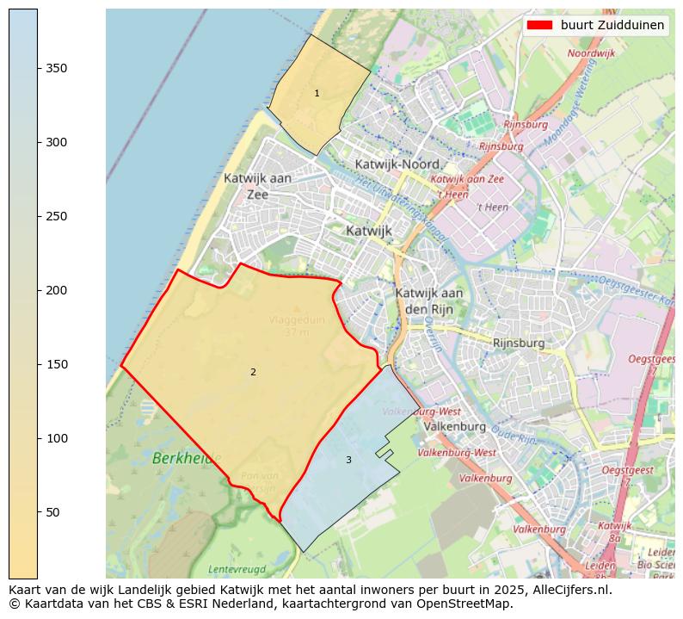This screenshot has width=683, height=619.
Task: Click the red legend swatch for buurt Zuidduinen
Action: (540, 25)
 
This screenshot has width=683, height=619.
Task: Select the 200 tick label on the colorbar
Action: (56, 290)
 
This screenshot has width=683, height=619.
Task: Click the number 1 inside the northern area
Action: (317, 93)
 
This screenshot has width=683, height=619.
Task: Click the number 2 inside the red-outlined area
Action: (253, 372)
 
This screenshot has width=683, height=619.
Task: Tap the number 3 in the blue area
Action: (348, 460)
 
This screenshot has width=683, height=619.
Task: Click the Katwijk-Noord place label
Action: (397, 164)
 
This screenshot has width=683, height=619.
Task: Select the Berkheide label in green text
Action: (186, 459)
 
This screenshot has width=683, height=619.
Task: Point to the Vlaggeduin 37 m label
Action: (297, 325)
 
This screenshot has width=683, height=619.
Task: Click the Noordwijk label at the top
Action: (592, 53)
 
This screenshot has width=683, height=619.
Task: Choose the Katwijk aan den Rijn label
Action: (428, 300)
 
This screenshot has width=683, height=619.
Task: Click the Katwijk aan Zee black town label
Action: (257, 186)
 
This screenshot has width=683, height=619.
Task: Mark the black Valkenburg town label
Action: (455, 426)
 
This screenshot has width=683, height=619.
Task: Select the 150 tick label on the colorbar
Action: (56, 364)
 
